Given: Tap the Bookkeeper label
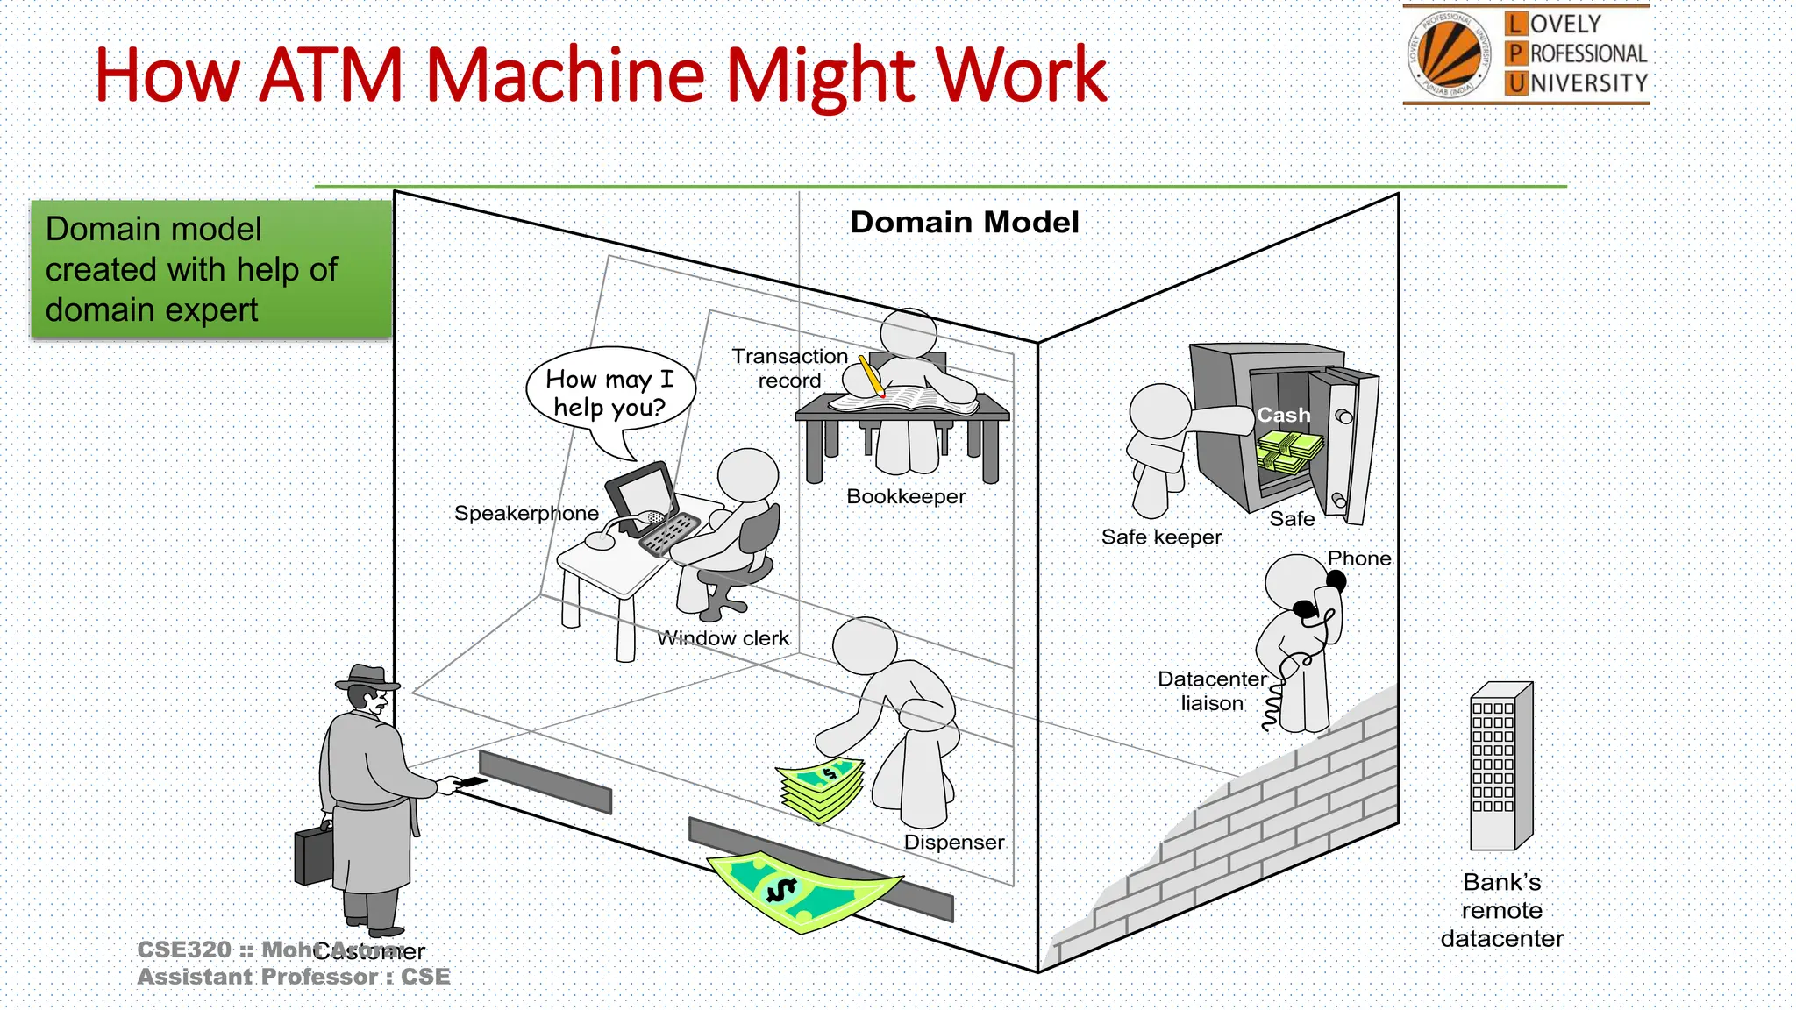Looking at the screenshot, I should coord(906,497).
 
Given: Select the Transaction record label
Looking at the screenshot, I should coord(789,368).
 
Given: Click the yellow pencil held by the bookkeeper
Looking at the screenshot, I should coord(871,375).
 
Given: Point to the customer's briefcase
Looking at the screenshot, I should coord(313,855).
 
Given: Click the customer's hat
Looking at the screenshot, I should coord(367,677).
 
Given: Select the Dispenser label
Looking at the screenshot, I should coord(953,843).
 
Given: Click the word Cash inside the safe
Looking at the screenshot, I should coord(1283,416).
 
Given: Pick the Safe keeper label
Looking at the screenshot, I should coord(1161,537).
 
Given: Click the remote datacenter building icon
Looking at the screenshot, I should coord(1500,768).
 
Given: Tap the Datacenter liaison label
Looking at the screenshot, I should coord(1211,691).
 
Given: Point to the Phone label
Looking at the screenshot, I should coord(1358,558).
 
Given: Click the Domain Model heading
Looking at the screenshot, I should coord(965,223).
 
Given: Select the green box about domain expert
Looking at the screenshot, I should coord(210,269).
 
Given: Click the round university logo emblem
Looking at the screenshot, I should coord(1449,54).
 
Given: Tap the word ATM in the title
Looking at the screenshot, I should coord(331,75).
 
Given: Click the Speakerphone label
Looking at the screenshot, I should coord(526,514).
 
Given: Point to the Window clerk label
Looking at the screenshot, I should coord(723,639).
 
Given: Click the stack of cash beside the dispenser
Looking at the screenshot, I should coord(822,790).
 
